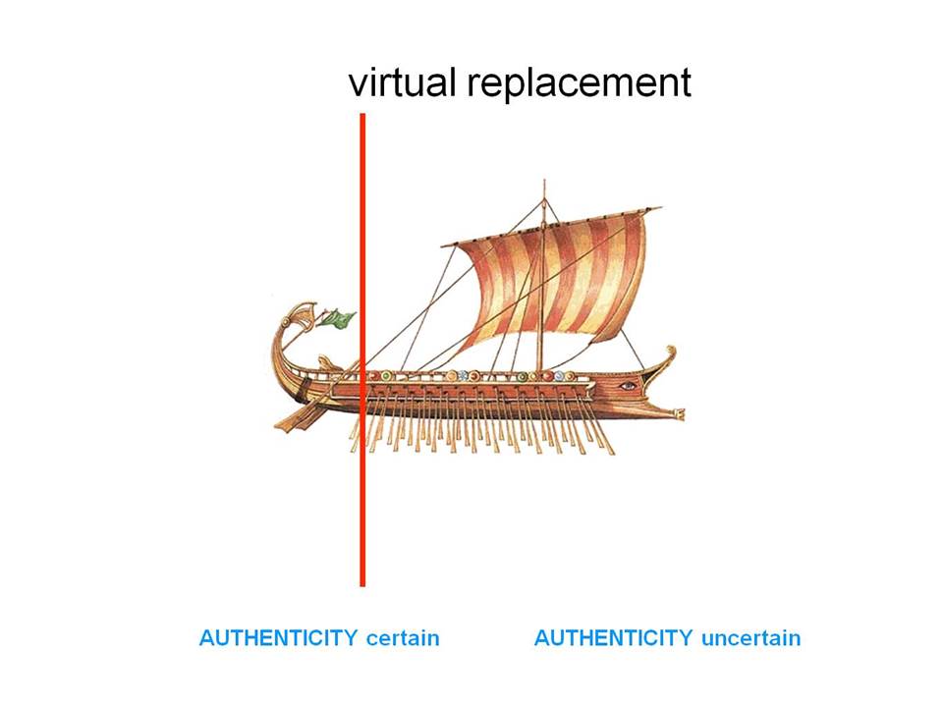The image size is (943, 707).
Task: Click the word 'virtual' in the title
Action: [402, 82]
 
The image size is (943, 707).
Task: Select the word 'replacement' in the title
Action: [580, 82]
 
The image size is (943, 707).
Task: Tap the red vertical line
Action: [362, 350]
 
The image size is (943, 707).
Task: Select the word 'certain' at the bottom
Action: [403, 638]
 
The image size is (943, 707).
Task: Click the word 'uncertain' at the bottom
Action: [751, 638]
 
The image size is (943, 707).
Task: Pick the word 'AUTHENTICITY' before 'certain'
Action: [278, 638]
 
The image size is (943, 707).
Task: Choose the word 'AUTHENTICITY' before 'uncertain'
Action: [613, 638]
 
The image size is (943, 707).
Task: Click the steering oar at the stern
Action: [301, 414]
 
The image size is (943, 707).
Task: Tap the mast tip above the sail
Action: [544, 181]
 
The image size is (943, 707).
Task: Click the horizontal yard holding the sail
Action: [551, 226]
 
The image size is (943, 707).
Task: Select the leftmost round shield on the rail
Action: [373, 376]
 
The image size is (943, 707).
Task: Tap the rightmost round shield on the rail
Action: [571, 377]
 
